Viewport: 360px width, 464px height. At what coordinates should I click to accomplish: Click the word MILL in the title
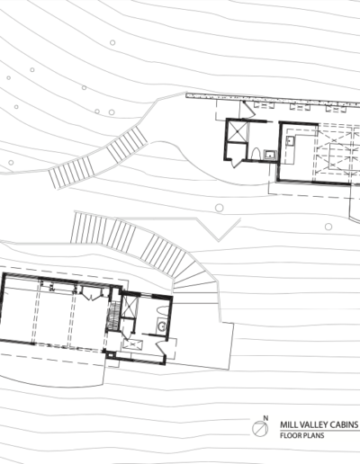point(287,424)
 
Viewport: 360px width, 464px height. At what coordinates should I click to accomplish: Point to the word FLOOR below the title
point(290,435)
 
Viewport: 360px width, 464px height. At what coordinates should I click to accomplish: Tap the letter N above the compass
point(265,418)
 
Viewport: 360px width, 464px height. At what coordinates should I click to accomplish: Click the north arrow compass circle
point(260,429)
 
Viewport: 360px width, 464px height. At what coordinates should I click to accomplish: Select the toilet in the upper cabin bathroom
point(256,155)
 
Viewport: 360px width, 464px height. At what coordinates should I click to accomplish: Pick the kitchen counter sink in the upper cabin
point(290,140)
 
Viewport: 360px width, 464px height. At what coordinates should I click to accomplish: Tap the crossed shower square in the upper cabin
point(238,131)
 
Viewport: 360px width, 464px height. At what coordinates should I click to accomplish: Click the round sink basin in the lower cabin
point(162,326)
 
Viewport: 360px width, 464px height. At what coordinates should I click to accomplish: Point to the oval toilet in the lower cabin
point(162,310)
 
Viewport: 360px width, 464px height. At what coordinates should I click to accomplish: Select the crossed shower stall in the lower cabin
point(130,306)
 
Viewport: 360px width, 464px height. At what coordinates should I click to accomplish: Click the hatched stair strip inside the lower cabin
point(113,317)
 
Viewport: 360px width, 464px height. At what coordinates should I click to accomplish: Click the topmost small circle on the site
point(112,42)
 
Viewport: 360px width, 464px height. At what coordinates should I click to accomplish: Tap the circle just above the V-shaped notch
point(220,208)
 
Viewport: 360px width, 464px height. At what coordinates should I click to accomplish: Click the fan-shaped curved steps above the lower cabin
point(196,276)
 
